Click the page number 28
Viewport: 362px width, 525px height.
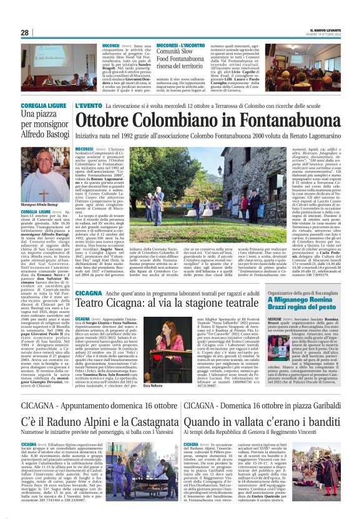click(25, 32)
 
